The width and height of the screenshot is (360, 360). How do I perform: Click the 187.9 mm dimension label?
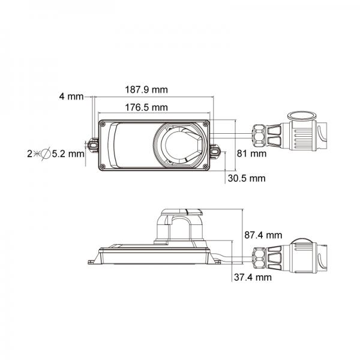click(146, 90)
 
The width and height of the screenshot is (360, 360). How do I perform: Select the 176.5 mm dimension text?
click(146, 108)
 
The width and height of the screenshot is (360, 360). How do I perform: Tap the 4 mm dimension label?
click(71, 96)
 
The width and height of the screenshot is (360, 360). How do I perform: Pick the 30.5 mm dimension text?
click(246, 178)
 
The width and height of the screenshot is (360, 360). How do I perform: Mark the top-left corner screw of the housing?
click(104, 124)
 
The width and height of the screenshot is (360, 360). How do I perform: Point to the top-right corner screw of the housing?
click(204, 124)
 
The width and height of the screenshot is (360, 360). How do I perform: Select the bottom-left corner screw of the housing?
click(104, 164)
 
